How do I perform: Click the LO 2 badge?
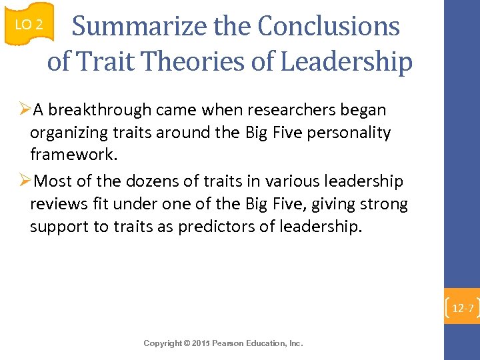pos(28,25)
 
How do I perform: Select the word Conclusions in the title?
pos(329,27)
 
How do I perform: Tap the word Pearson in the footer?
pos(229,343)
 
